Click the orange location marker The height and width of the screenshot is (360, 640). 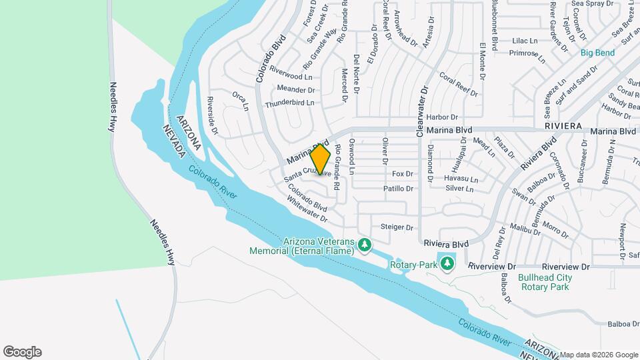(321, 161)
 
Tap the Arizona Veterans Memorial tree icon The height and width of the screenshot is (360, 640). (365, 246)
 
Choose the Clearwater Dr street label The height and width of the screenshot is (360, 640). (422, 111)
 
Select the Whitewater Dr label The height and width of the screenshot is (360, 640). (307, 209)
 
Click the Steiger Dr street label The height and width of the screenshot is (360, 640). (397, 227)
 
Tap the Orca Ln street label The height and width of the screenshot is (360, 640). (241, 101)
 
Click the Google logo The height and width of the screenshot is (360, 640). (22, 351)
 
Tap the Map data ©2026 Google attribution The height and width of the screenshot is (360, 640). (598, 355)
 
